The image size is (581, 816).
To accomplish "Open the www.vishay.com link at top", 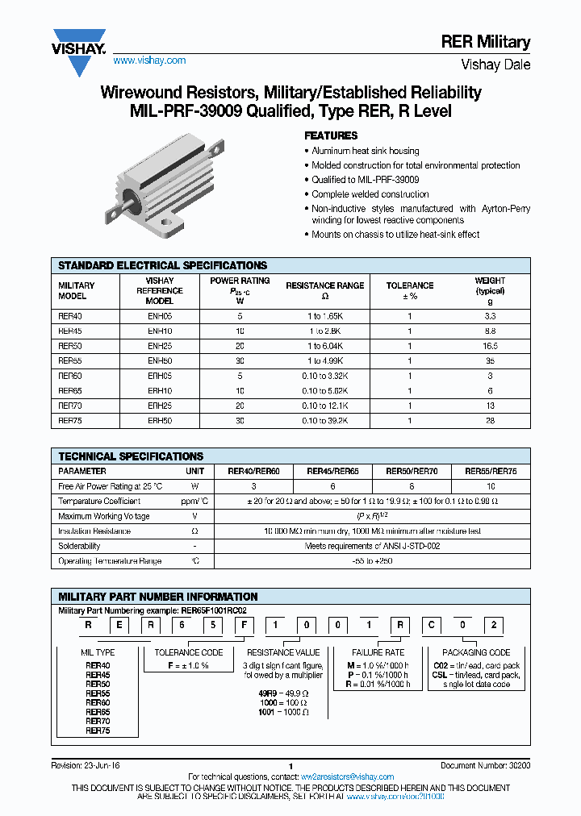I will (x=149, y=60).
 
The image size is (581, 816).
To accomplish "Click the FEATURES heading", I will (x=330, y=135).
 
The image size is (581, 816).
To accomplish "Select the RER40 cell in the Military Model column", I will (x=70, y=317).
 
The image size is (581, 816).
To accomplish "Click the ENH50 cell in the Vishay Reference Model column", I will (x=159, y=360).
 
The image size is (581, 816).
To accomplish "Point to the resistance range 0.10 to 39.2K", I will (x=314, y=420).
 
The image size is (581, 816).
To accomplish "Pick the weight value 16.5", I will (x=490, y=346).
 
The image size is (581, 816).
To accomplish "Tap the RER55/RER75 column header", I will (x=490, y=471).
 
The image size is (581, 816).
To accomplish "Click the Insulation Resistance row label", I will (x=94, y=531).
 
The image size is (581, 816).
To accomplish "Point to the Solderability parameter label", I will (x=79, y=546).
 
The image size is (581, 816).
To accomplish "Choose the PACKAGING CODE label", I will (x=476, y=652).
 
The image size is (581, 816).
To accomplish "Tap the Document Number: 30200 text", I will (x=485, y=766).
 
